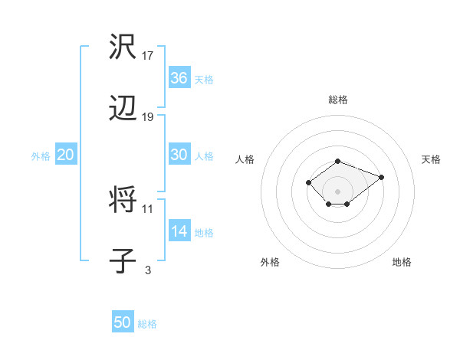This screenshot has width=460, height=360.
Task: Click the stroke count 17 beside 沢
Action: pyautogui.click(x=148, y=56)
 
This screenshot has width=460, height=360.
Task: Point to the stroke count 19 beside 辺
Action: pyautogui.click(x=148, y=117)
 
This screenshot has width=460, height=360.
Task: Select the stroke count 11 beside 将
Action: pyautogui.click(x=148, y=208)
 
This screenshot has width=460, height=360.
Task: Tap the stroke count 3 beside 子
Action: pyautogui.click(x=148, y=269)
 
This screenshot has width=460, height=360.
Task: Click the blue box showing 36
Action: pyautogui.click(x=179, y=78)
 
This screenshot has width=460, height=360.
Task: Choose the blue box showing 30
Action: pyautogui.click(x=179, y=154)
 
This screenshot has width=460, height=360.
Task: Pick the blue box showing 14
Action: pyautogui.click(x=179, y=231)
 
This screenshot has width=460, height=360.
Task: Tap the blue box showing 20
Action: pyautogui.click(x=65, y=155)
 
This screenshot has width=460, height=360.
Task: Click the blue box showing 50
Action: pyautogui.click(x=123, y=322)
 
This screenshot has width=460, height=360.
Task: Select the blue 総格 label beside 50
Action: pyautogui.click(x=147, y=324)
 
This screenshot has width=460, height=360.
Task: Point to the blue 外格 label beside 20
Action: pyautogui.click(x=41, y=156)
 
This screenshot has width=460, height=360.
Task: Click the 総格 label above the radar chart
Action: pyautogui.click(x=338, y=100)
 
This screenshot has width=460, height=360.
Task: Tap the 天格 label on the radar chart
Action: pyautogui.click(x=432, y=159)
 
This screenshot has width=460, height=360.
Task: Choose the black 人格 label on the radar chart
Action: pyautogui.click(x=245, y=159)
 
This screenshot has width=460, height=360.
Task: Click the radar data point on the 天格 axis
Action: pyautogui.click(x=381, y=177)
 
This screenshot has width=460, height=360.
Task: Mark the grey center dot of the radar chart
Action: pyautogui.click(x=338, y=191)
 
